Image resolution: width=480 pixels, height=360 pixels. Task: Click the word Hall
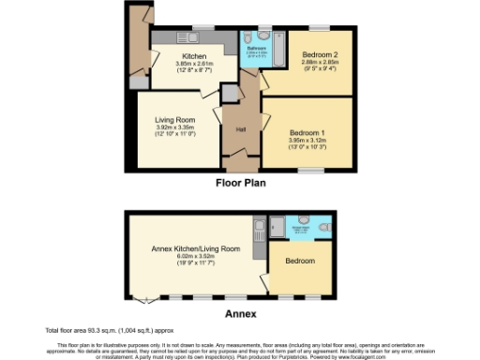pos(241,128)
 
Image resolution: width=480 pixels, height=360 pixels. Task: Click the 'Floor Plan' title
pos(241,184)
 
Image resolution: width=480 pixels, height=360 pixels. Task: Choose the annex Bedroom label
pos(300,260)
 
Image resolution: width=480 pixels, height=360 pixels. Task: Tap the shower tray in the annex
pos(277,226)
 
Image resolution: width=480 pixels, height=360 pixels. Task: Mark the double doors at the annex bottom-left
pos(143,299)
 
